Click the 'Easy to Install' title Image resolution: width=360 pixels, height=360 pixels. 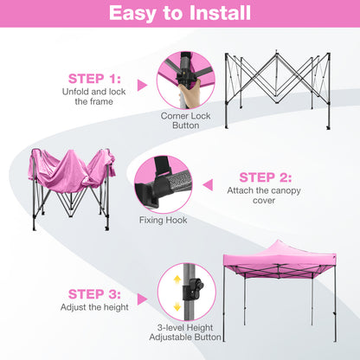180,14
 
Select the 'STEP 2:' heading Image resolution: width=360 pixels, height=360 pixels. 267,177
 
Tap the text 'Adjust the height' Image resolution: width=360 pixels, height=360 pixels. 93,307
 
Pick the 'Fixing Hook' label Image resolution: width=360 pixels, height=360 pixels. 163,220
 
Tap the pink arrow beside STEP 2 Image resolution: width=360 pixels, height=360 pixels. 207,183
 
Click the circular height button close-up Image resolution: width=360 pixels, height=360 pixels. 185,298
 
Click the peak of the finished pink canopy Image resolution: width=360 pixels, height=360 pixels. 277,241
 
